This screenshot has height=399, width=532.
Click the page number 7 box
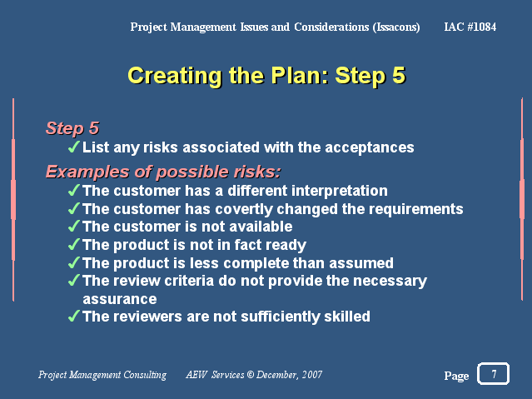coord(493,373)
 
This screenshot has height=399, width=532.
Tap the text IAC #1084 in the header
coord(470,27)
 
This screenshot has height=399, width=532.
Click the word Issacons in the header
coord(396,27)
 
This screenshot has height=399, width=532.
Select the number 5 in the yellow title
coord(399,76)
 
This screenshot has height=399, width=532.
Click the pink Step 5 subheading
coord(72,128)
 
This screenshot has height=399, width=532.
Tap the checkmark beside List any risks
coord(73,147)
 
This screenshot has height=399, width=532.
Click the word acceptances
coord(370,147)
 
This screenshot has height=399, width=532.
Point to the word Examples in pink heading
coord(87,172)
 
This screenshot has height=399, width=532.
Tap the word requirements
coord(416,209)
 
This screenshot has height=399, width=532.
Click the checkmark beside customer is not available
coord(73,226)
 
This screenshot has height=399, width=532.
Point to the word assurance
coord(120,299)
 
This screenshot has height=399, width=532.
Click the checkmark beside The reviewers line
coord(73,316)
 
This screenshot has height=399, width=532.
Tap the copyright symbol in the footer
coord(251,375)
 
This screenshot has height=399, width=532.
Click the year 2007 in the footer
coord(312,375)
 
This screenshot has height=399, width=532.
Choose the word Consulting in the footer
coord(145,375)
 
